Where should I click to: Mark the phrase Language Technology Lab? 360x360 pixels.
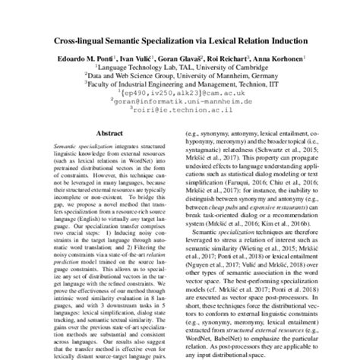pos(134,68)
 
